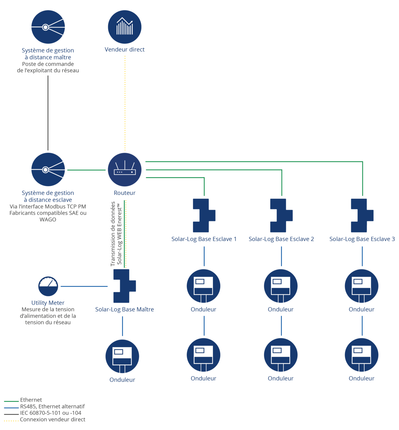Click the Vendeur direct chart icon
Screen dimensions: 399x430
[x=124, y=27]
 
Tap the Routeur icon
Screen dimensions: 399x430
[x=124, y=170]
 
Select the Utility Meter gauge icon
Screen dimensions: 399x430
[x=48, y=286]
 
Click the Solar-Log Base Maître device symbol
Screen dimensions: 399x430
[x=124, y=286]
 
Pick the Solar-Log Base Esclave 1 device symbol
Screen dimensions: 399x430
[x=204, y=215]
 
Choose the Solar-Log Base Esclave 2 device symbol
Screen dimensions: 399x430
[x=281, y=215]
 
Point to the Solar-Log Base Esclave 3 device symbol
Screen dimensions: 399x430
[x=362, y=215]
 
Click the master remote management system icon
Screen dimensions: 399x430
[x=48, y=27]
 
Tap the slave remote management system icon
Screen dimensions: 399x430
[x=48, y=170]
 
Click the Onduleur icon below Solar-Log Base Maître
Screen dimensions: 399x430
[x=122, y=356]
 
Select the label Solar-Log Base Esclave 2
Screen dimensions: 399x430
[x=281, y=239]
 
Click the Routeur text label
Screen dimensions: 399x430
[x=124, y=193]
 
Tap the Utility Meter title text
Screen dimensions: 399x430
[x=48, y=303]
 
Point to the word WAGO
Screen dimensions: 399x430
[x=48, y=219]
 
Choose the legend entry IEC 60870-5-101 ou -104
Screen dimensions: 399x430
[x=43, y=413]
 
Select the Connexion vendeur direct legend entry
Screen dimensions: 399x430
[x=45, y=419]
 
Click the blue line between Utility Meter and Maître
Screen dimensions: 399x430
[x=84, y=286]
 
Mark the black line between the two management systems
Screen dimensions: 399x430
[x=48, y=113]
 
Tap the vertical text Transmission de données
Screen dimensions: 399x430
[x=113, y=233]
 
